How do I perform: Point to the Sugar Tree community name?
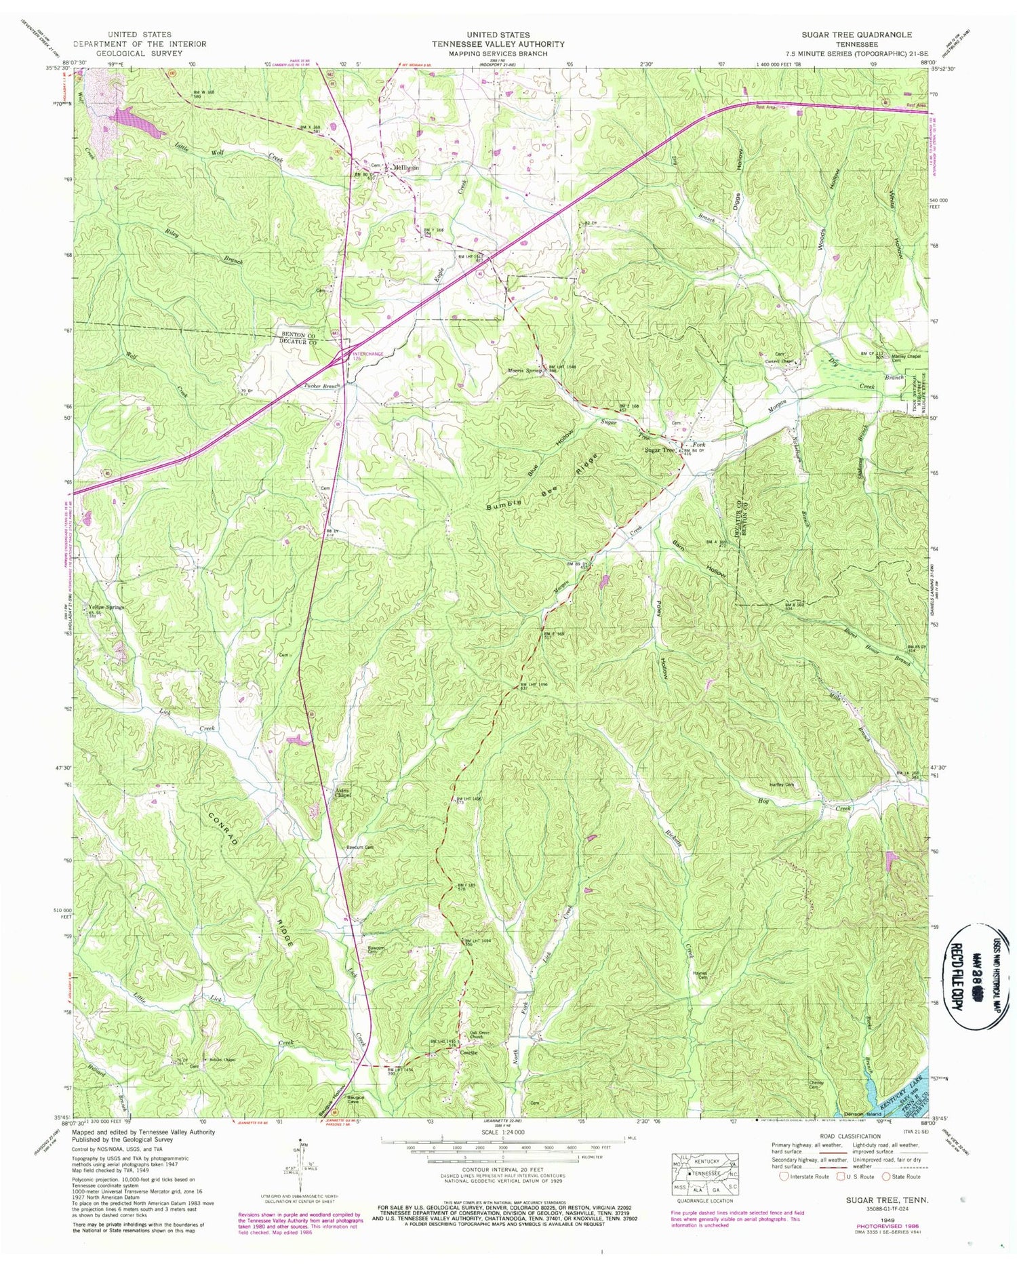click(x=659, y=450)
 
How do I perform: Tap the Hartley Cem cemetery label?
click(x=780, y=785)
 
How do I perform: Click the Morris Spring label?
click(x=525, y=371)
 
